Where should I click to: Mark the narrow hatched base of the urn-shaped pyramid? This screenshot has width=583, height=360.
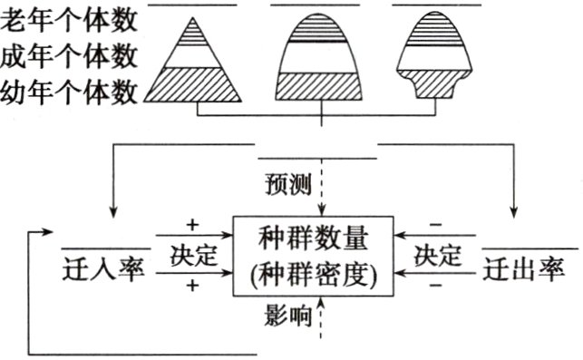coord(439,87)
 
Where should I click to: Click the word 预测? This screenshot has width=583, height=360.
coord(288,188)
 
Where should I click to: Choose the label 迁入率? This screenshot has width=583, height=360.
coord(104,268)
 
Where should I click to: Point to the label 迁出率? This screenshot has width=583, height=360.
coord(522,268)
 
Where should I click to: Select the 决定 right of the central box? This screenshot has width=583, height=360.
coord(439,255)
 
